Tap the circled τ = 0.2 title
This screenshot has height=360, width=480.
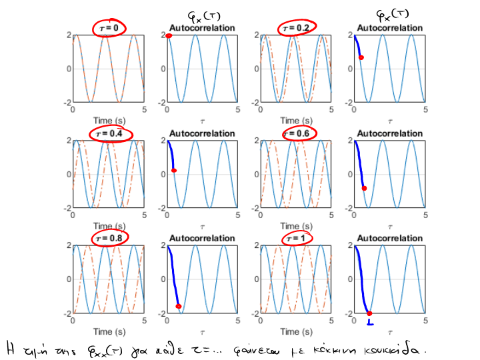coord(293,28)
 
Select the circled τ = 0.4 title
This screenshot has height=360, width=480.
coord(110,134)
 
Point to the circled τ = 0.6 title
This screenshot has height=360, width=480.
coord(294,134)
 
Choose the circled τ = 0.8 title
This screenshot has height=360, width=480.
coord(109,238)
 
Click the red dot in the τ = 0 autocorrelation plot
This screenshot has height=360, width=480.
coord(169,35)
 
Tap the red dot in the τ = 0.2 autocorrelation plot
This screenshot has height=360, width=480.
coord(361,58)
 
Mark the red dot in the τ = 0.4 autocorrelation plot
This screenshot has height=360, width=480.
coord(174,171)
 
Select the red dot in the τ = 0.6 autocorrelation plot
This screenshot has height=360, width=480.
coord(364,189)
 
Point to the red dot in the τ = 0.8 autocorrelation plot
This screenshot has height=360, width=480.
coord(179,306)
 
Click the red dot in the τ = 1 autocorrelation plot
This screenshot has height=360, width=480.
coord(369,313)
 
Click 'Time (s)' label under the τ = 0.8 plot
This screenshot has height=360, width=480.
coord(109,331)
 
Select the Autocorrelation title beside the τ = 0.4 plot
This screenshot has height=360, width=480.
coord(202,133)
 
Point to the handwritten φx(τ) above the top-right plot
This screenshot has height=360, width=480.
coord(390,14)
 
